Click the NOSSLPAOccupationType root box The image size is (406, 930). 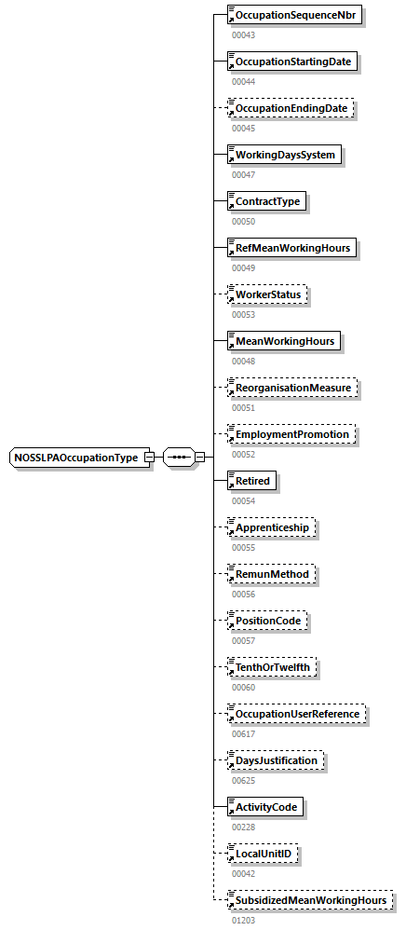pos(76,458)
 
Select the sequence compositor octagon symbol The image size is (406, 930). pos(179,458)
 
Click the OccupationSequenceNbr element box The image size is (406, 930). pos(295,16)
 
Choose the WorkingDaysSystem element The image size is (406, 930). pos(285,155)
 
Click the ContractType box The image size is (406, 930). pos(267,201)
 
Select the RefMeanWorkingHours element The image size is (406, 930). pos(291,248)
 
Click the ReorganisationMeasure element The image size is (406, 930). pos(293,388)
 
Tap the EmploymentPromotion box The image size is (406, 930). pos(291,434)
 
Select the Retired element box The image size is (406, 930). pos(252,481)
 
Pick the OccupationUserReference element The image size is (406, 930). pos(297,714)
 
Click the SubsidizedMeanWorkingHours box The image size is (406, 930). pos(309,900)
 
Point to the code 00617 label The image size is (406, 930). pos(242,733)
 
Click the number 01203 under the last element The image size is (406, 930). pos(242,920)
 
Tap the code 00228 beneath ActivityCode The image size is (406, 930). pos(242,827)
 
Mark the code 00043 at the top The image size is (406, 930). pos(242,34)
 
